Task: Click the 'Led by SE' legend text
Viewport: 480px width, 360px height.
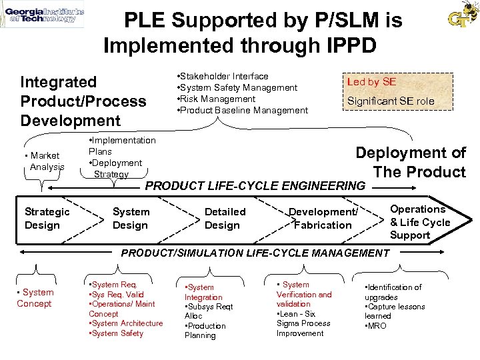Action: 371,81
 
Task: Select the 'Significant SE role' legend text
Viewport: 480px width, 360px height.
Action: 390,101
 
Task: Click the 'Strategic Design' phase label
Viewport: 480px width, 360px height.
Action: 47,218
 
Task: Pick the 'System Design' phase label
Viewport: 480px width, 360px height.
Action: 131,218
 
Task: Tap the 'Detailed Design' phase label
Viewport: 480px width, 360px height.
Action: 225,218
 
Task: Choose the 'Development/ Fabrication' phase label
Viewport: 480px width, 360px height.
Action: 323,218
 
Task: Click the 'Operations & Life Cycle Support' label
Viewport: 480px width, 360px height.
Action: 420,222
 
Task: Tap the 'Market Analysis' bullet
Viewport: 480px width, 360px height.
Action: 46,161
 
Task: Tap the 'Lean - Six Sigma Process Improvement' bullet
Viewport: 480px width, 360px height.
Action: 303,323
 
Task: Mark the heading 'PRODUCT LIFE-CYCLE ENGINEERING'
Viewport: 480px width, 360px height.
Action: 255,186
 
